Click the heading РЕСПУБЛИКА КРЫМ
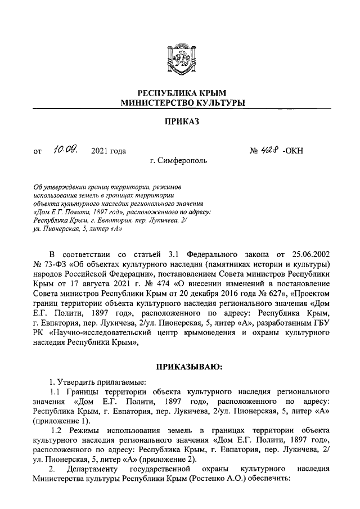coord(180,93)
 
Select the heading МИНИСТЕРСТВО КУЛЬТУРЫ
coord(180,103)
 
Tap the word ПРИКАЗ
coord(180,121)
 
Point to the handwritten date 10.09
coord(67,150)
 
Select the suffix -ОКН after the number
coord(293,151)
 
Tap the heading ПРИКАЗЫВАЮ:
coord(180,367)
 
